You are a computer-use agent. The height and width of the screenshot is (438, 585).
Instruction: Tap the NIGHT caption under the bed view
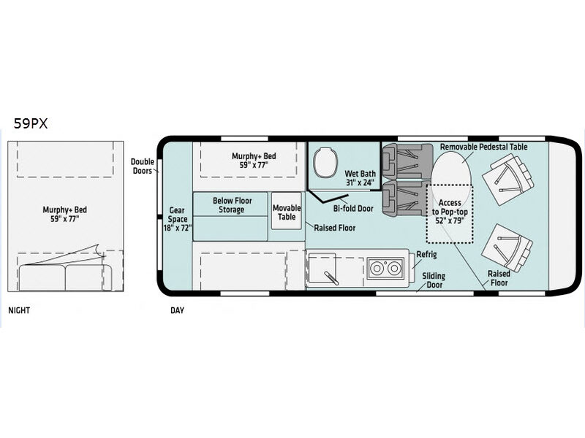point(20,310)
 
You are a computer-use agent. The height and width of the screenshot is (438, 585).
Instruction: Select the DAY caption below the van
point(177,310)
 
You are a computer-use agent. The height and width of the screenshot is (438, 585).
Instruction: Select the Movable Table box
point(287,212)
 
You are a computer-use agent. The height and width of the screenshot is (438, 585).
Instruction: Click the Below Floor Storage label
point(228,205)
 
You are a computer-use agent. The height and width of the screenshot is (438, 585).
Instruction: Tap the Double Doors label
point(143,166)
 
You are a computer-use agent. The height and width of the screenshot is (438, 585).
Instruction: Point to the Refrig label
point(426,254)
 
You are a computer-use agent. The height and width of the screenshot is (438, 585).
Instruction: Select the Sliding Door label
point(438,281)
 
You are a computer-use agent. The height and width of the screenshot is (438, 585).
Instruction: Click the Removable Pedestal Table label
point(483,147)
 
